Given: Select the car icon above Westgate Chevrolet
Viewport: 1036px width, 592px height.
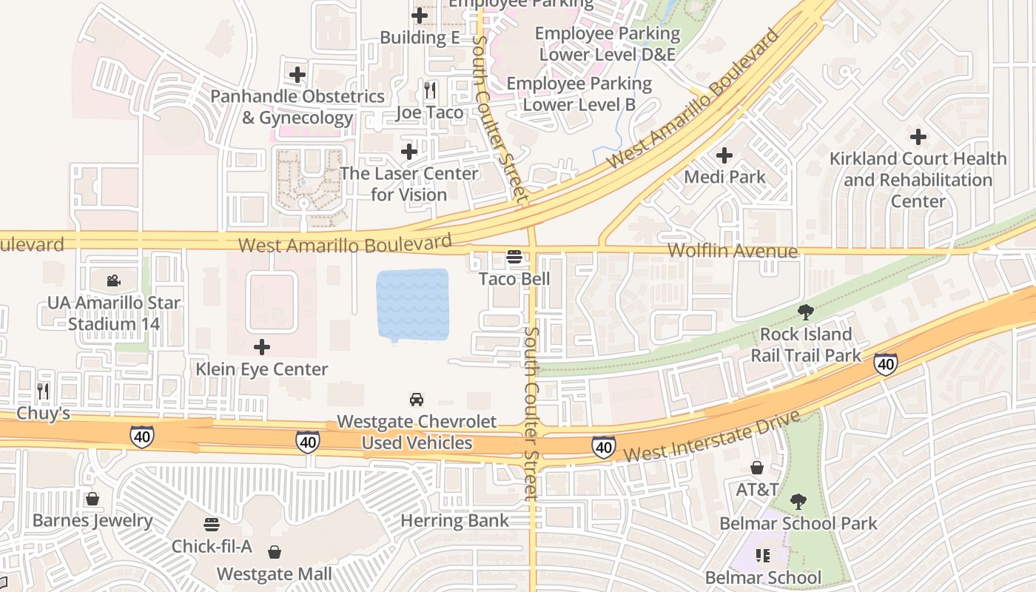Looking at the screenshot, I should (x=417, y=400).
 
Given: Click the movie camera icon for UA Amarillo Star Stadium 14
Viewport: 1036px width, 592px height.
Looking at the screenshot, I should (x=113, y=280).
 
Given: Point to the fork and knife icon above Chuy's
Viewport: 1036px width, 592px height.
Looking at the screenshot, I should (x=43, y=391).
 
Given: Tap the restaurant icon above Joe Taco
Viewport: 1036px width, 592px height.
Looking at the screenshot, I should (x=430, y=90).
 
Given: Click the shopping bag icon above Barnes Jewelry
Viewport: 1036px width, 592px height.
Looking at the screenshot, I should (x=92, y=499).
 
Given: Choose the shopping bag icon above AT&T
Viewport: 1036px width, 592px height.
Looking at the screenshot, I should (x=757, y=468).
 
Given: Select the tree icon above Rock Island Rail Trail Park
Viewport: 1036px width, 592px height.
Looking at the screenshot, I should (x=806, y=312).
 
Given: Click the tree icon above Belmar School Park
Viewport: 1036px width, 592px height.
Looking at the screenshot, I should (x=798, y=502).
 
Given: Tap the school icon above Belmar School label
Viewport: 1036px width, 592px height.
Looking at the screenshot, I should (x=763, y=555).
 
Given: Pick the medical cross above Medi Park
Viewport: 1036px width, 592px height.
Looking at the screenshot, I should (x=724, y=155).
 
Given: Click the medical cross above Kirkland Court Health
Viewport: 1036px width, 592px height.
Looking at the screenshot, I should (x=918, y=137).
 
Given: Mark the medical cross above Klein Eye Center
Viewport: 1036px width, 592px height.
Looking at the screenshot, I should (x=262, y=347).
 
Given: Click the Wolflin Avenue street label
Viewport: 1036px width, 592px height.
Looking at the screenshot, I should (x=733, y=252).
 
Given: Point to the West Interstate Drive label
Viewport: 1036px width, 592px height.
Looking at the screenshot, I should (x=711, y=437).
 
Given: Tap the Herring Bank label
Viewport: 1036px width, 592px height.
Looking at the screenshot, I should (x=454, y=520).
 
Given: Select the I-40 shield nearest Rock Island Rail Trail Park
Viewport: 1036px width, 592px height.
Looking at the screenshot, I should (x=886, y=363).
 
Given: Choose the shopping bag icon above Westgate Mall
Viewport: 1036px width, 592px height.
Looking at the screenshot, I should (x=275, y=552).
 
